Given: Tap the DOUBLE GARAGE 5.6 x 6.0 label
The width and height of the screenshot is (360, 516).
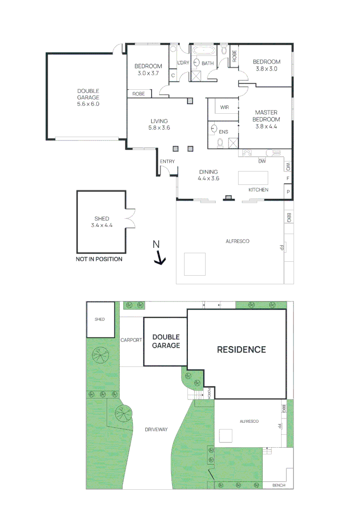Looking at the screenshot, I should click(x=88, y=97).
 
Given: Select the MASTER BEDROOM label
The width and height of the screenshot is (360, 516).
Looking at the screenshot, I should click(x=266, y=119).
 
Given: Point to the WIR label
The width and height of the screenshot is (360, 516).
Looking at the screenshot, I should click(x=224, y=107).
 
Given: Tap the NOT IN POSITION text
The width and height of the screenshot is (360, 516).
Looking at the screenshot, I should click(x=99, y=259).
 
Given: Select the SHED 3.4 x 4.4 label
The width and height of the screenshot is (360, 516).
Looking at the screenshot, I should click(x=101, y=222).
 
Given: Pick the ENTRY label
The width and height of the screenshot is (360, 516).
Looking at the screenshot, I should click(x=167, y=161).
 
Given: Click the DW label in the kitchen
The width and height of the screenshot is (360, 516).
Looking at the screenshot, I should click(x=262, y=161).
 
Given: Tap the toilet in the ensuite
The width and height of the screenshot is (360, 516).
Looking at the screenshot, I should click(x=220, y=142).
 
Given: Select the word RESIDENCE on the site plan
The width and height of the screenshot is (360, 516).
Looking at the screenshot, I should click(x=241, y=349).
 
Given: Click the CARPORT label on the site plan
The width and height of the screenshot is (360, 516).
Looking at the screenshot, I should click(x=131, y=340).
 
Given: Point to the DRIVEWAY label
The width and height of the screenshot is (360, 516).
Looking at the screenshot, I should click(x=156, y=430).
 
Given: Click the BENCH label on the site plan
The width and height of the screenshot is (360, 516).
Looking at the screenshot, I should click(x=278, y=485).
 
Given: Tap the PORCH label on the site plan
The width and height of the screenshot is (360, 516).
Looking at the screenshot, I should click(x=209, y=393).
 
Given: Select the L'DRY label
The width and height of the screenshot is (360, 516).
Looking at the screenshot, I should click(x=183, y=63).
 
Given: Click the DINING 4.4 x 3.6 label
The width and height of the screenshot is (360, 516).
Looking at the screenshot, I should click(x=208, y=175).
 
